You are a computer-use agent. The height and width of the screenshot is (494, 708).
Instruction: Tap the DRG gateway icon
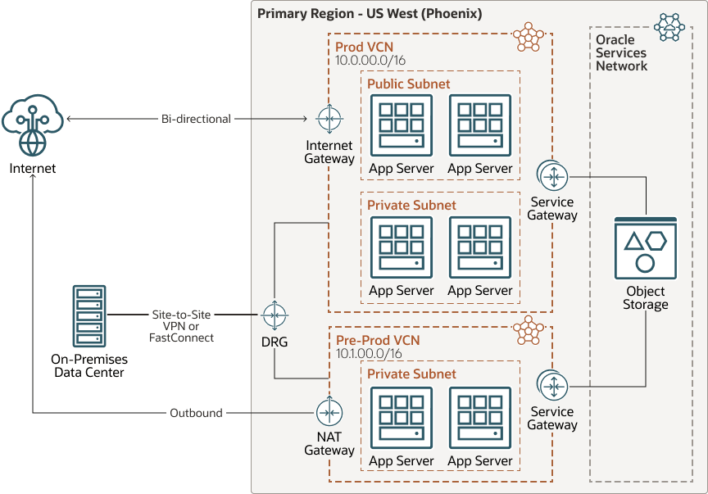(275, 315)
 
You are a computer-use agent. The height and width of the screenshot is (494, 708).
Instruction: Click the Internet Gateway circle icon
(329, 120)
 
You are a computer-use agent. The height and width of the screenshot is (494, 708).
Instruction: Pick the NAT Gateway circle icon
(329, 413)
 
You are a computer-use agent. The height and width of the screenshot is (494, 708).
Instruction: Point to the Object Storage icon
(645, 250)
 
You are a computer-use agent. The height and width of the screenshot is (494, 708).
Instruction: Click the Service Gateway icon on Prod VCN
(553, 175)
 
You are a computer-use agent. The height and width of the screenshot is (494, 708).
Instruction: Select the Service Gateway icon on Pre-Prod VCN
(552, 385)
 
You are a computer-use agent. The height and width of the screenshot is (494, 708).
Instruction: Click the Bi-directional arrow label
(196, 119)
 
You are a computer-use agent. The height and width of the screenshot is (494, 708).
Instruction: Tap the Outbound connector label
(196, 413)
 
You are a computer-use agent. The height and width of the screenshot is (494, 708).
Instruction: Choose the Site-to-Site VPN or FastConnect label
(182, 326)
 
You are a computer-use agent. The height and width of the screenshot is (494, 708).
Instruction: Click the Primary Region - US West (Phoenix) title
(370, 14)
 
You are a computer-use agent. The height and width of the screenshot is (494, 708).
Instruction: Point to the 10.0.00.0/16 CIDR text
(370, 61)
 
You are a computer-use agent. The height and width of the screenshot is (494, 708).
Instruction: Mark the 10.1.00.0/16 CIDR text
(370, 353)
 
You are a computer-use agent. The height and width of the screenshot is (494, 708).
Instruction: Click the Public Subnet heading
(408, 84)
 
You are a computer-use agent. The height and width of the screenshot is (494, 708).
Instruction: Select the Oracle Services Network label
(621, 52)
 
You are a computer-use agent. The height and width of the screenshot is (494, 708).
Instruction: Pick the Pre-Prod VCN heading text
(378, 339)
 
